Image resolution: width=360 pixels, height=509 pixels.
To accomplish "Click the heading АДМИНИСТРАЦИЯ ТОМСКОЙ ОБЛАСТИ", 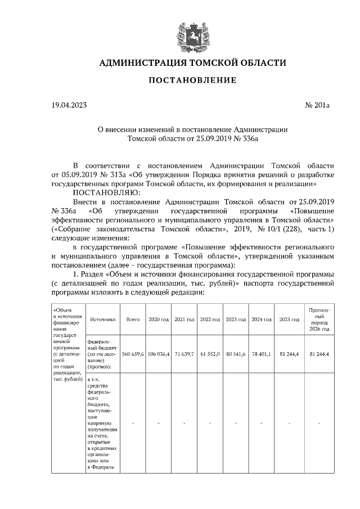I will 192,62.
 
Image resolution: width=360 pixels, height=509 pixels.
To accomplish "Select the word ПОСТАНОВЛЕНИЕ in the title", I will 192,81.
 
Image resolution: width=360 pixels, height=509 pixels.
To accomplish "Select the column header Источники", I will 102,319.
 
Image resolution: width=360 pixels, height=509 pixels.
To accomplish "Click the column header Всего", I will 133,319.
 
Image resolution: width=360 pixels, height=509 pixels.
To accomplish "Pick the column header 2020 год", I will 159,319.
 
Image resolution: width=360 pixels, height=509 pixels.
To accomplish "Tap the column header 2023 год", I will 236,319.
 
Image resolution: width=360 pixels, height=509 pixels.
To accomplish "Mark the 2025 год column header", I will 289,319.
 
